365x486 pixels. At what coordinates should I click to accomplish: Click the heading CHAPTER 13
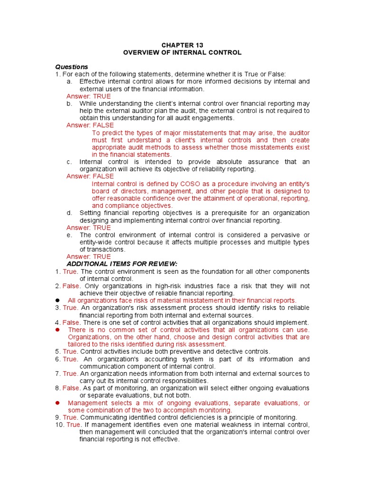pos(182,45)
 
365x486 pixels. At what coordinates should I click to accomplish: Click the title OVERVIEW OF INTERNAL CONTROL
pos(182,53)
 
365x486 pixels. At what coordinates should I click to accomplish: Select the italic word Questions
pos(72,67)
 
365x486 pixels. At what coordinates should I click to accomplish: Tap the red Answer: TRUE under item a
pos(88,96)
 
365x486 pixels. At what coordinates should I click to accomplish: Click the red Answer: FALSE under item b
pos(90,125)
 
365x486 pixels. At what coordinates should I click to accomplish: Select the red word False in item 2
pos(71,286)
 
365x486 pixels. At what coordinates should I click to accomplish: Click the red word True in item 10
pos(73,424)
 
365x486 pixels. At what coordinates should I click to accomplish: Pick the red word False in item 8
pos(71,388)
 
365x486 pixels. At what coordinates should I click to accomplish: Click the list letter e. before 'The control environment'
pos(69,235)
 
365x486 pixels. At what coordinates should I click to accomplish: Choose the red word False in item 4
pos(71,322)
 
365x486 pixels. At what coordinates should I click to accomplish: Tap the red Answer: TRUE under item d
pos(88,228)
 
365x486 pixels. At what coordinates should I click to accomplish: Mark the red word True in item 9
pos(70,417)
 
